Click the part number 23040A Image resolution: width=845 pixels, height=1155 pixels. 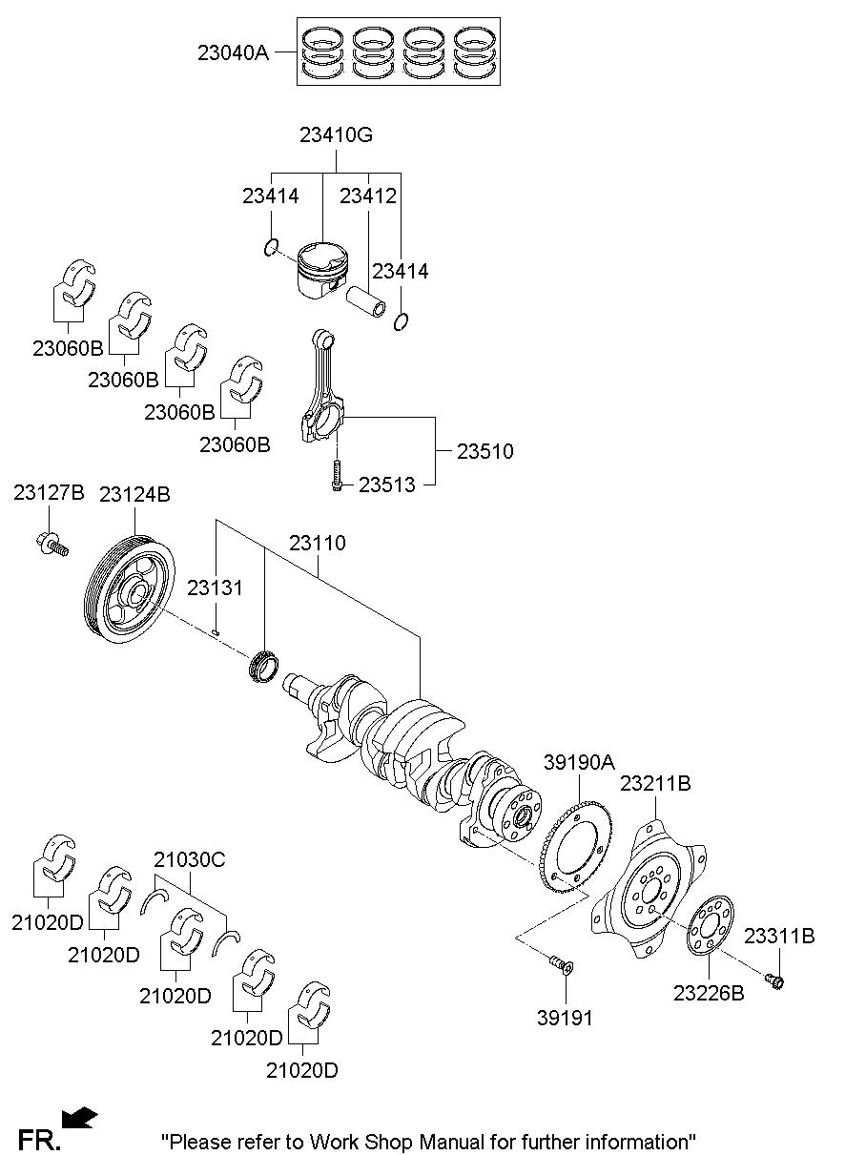pos(233,53)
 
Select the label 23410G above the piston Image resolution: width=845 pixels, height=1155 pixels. pos(336,135)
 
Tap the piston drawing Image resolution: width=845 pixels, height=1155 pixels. pos(320,268)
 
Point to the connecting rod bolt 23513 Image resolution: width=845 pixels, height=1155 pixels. pos(336,475)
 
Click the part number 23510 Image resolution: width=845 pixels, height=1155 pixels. pos(484,451)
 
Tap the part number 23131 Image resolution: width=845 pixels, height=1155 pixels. pos(215,588)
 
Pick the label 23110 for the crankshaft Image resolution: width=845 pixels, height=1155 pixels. pos(318,543)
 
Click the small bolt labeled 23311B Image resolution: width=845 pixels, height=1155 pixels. pos(773,979)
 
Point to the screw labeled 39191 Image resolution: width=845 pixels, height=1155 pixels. pos(560,966)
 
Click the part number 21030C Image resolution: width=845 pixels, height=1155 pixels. pos(189,859)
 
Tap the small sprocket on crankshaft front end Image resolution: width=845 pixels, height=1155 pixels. pos(261,665)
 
